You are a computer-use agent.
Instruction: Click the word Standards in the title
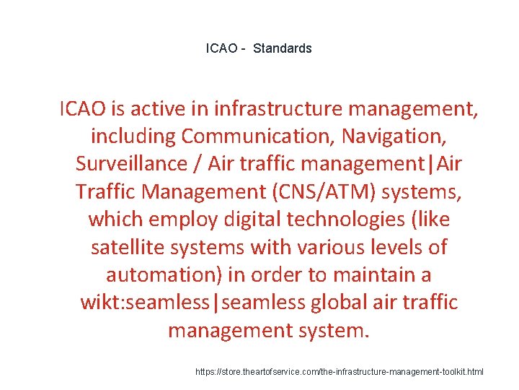click(x=283, y=48)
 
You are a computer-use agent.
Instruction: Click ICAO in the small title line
click(x=221, y=48)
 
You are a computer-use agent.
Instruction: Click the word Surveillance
click(x=130, y=163)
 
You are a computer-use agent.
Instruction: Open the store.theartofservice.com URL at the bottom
click(x=340, y=372)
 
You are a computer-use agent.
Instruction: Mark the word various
click(x=317, y=247)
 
